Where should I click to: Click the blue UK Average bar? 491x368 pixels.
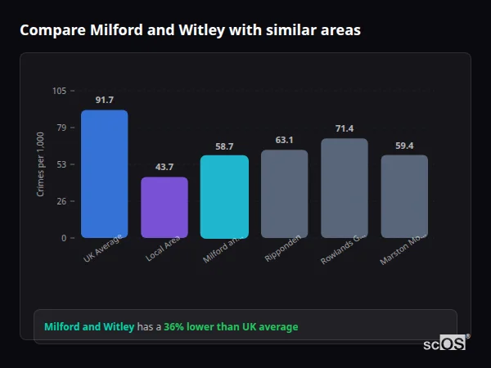[104, 174]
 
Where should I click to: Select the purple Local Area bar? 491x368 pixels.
[164, 208]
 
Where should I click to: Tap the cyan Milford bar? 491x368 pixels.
[224, 197]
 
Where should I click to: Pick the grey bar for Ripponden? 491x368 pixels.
[285, 194]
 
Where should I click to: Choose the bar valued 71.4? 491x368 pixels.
[345, 188]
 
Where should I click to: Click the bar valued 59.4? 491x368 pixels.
[404, 196]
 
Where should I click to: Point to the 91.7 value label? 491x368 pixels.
[104, 100]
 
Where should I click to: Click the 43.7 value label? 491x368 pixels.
[164, 167]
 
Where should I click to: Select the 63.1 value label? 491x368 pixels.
[285, 140]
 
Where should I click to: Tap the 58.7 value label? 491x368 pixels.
[224, 146]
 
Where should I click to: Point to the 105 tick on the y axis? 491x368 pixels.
[59, 91]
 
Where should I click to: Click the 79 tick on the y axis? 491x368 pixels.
[61, 128]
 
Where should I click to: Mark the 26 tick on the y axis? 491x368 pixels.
[61, 201]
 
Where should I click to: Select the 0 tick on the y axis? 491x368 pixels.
[64, 238]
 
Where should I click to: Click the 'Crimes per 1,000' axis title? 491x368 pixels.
[41, 164]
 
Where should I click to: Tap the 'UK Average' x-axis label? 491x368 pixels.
[103, 249]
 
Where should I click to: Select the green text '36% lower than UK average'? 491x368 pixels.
[231, 327]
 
